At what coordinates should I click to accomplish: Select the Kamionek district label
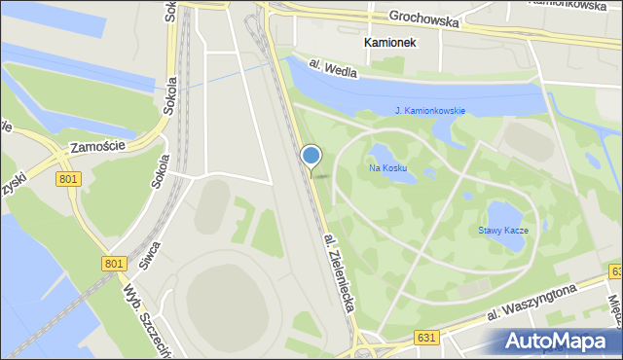coord(389,44)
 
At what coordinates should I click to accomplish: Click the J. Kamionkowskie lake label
coord(430,111)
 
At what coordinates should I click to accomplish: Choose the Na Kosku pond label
coord(387,168)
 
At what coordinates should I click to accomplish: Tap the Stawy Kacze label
coord(502,231)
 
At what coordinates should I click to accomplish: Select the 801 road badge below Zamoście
coord(68,179)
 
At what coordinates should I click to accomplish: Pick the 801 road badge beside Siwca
coord(112,263)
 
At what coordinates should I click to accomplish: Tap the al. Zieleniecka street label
coord(342,271)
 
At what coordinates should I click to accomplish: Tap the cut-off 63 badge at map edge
coord(615,270)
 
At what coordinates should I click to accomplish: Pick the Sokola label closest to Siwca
coord(161,169)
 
